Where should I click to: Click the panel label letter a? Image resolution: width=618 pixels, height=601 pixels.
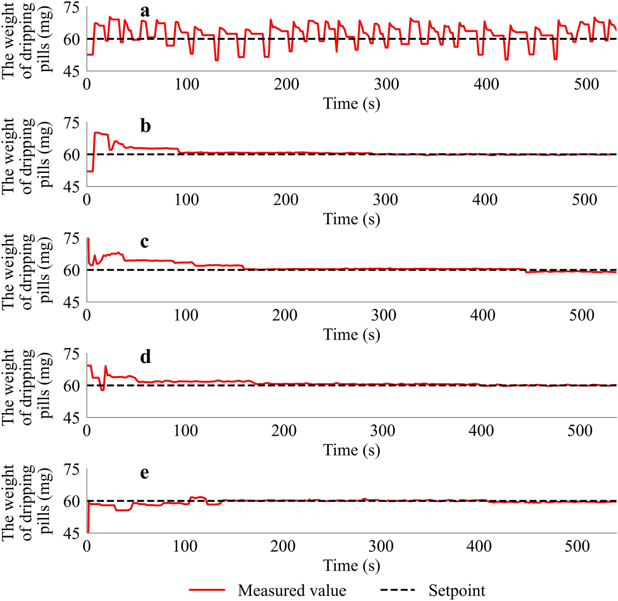pos(145,11)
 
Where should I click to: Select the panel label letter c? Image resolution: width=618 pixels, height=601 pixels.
pos(144,241)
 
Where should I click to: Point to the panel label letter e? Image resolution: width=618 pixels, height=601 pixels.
pos(144,472)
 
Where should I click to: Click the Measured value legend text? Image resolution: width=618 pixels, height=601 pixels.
pos(292,591)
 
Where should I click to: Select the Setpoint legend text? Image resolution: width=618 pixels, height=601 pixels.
pos(457,591)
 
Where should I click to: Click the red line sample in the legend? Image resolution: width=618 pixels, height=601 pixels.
pos(207,590)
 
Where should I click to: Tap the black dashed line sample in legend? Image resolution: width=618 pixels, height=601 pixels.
pos(398,590)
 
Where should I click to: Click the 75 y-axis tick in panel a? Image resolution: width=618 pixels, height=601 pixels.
pos(72,8)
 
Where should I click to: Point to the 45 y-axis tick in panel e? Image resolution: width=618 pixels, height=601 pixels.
pos(72,533)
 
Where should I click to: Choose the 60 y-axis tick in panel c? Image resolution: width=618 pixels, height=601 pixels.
pos(72,271)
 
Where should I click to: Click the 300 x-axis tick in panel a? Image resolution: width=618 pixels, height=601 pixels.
pos(386,84)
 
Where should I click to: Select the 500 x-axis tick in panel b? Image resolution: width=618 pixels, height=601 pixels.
pos(584,199)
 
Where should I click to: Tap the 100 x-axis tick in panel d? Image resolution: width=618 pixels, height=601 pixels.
pos(185,430)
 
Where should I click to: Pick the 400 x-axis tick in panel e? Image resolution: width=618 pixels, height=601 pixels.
pos(479,546)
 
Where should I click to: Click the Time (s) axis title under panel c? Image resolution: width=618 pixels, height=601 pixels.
pos(351,335)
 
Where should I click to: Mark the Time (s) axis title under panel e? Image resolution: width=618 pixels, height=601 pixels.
pos(351,566)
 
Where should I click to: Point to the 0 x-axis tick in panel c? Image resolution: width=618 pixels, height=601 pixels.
pos(87,315)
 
